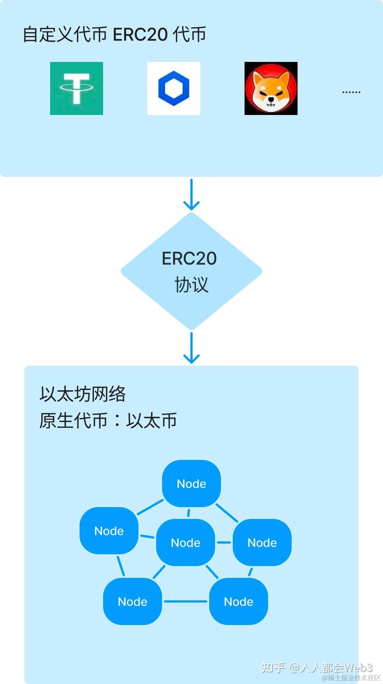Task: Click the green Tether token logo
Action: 77,88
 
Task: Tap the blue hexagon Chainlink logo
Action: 174,88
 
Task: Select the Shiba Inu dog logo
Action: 271,88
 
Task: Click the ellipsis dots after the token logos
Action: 351,92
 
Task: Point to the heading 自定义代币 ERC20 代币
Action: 115,35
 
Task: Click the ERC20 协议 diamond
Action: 191,271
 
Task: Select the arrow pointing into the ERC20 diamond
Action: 191,195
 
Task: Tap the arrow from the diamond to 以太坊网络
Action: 191,348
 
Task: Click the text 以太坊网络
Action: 83,394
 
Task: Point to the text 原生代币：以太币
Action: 108,420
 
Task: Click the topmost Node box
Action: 191,484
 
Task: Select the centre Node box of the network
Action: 186,542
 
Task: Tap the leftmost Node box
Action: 109,531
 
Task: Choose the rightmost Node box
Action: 262,542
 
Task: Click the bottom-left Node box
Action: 133,601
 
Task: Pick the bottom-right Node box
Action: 239,601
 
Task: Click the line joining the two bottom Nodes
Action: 186,601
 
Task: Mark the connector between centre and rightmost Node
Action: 224,542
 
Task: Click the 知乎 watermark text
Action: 273,667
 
